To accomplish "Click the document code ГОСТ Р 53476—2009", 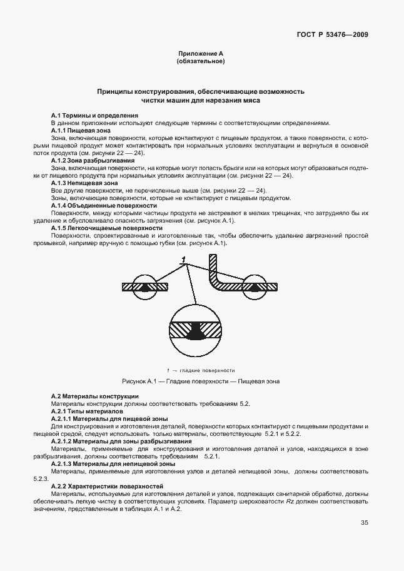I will pos(332,34).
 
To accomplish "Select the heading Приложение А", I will pos(200,54).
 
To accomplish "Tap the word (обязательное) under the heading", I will pos(200,62).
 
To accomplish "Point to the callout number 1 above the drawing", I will pos(184,259).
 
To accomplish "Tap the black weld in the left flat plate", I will pos(146,288).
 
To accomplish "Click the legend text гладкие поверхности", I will pos(207,370).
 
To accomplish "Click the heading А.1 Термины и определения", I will pos(94,116).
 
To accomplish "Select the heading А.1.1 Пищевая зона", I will pos(81,130).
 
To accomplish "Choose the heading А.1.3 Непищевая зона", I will pos(84,183).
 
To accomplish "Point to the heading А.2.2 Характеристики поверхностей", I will pos(107,487).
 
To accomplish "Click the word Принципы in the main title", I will pos(117,91).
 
